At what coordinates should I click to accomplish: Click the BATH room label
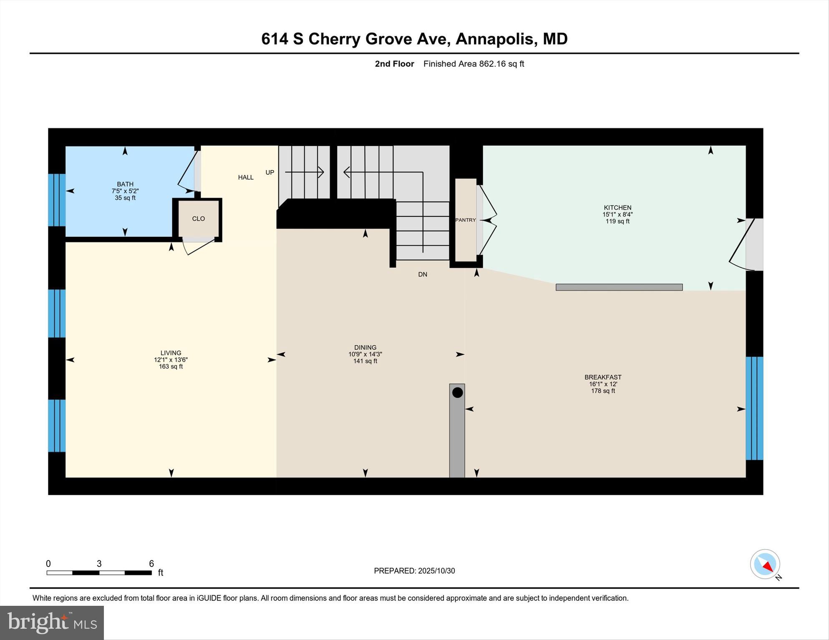tap(125, 184)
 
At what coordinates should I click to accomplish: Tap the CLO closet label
tap(199, 219)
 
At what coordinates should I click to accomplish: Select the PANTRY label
tap(466, 220)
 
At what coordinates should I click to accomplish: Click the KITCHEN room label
tap(617, 208)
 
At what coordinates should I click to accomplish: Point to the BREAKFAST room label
tap(603, 377)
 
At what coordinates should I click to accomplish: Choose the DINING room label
tap(365, 347)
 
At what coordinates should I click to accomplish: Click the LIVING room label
tap(171, 353)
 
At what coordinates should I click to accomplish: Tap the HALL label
tap(246, 177)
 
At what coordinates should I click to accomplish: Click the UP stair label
tap(270, 173)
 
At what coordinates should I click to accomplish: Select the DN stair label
tap(423, 274)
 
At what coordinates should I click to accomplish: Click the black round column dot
tap(458, 392)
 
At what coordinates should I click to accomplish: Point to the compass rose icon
tap(765, 564)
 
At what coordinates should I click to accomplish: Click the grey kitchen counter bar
tap(619, 287)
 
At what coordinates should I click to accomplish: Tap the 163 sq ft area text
tap(171, 366)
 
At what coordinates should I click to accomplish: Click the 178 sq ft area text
tap(603, 391)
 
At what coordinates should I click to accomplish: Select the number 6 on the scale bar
tap(151, 564)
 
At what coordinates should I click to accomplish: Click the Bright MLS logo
tap(52, 622)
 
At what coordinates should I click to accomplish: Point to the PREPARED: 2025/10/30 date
tap(414, 571)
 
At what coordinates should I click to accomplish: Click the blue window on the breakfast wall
tap(754, 408)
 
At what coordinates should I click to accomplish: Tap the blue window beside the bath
tap(57, 200)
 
